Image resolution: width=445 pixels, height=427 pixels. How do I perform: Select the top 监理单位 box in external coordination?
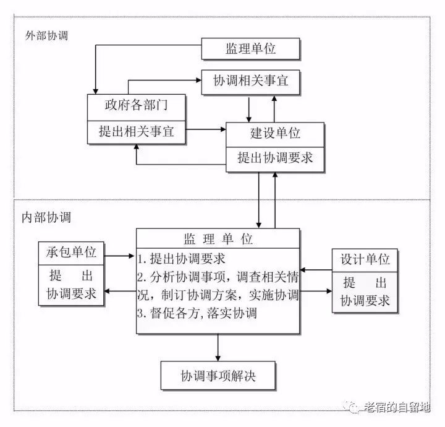click(251, 49)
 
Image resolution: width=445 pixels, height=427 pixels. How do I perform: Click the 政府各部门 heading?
click(137, 106)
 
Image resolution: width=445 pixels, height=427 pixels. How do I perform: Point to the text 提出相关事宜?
click(137, 131)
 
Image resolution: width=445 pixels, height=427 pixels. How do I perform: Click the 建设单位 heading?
click(275, 134)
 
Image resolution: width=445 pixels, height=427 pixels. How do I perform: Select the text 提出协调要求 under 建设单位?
click(275, 158)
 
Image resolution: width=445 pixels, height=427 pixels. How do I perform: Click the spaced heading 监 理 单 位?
click(218, 239)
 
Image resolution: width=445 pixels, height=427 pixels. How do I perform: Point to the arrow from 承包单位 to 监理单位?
click(120, 254)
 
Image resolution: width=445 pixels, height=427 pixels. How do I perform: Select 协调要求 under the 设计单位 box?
click(365, 302)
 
